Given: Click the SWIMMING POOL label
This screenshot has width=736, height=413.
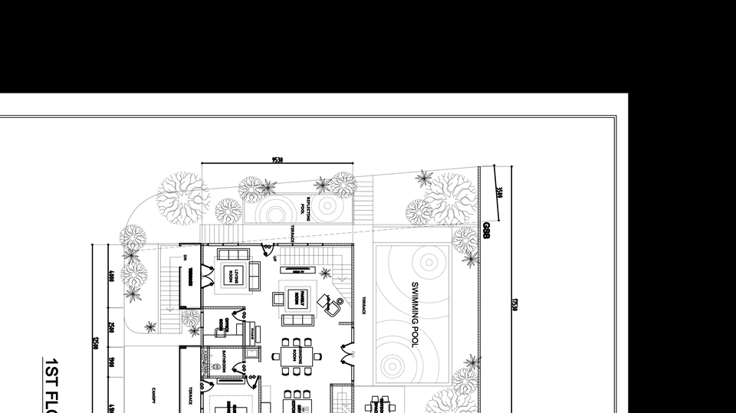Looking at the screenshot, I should click(415, 314).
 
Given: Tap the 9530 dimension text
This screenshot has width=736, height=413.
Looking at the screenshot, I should click(277, 159).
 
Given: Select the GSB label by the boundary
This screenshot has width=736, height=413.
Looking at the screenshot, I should click(486, 231).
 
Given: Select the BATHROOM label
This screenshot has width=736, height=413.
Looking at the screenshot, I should click(222, 359).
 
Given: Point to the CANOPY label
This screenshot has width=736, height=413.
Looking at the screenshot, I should click(154, 392).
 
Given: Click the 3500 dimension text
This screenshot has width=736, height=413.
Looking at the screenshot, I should click(500, 192).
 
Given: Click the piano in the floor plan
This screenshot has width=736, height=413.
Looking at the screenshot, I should click(252, 331).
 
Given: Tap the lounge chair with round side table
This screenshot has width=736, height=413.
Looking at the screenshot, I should click(332, 306).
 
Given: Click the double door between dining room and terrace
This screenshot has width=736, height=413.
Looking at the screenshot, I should click(347, 356).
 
